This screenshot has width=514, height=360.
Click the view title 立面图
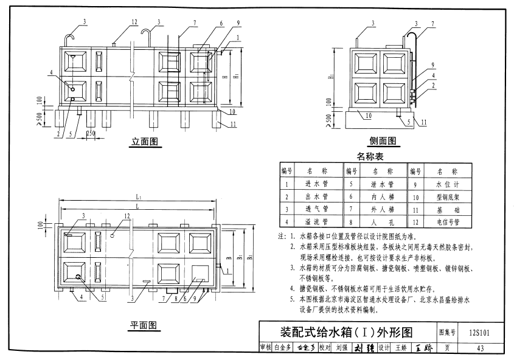click(x=145, y=142)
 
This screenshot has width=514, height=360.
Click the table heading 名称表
click(x=370, y=156)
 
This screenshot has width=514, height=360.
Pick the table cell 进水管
click(x=317, y=182)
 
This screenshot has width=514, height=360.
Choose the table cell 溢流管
click(x=317, y=223)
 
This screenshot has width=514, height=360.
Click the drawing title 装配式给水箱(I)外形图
click(x=346, y=332)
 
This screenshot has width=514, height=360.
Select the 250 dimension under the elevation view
click(x=91, y=133)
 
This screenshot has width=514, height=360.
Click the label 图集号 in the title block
click(x=447, y=332)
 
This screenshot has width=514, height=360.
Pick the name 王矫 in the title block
click(x=401, y=348)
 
